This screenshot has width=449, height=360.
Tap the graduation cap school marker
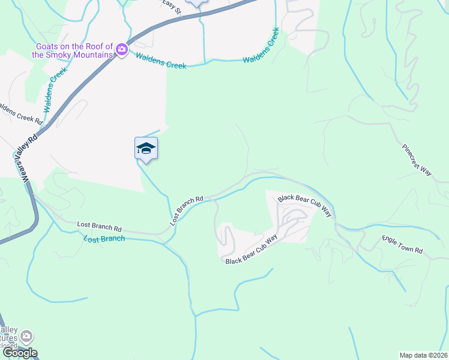point(146,148)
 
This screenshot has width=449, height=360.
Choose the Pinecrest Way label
point(417,160)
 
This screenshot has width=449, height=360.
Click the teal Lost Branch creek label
point(104,239)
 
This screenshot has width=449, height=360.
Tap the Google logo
point(19,353)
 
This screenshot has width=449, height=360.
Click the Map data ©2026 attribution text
point(424,355)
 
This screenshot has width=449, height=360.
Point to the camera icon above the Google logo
point(27,337)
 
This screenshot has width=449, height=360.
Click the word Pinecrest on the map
point(413,155)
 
